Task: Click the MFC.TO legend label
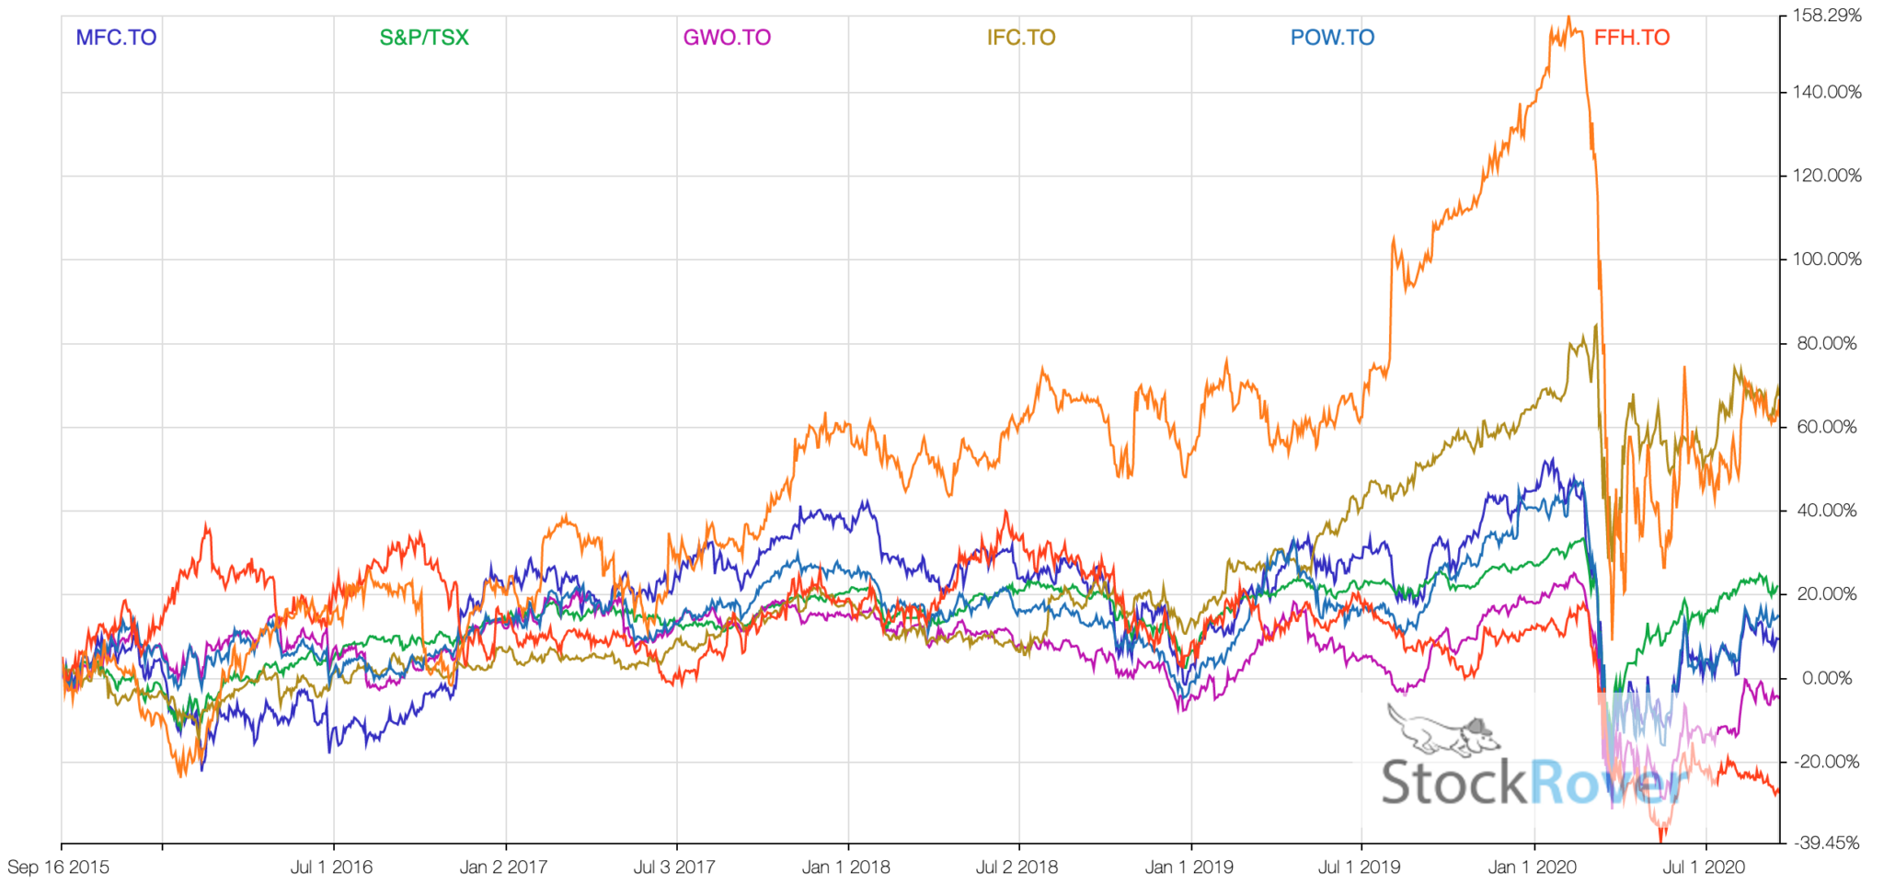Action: point(116,38)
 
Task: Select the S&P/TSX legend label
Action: point(424,38)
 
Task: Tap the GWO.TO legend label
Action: point(727,38)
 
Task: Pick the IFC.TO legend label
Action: point(1021,38)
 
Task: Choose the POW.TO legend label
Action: point(1332,38)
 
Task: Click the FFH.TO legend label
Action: point(1632,38)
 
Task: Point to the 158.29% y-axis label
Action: point(1827,16)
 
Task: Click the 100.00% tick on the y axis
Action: point(1827,259)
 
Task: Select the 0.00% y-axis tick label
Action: point(1827,679)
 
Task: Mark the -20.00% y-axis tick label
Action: point(1827,762)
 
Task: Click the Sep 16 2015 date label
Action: point(58,867)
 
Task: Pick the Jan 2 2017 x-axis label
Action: point(503,867)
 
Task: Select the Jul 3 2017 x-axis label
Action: point(674,867)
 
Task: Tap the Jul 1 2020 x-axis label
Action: point(1704,867)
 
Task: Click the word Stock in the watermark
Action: point(1453,783)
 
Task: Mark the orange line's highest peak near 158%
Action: point(1568,17)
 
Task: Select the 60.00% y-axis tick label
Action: point(1827,427)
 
